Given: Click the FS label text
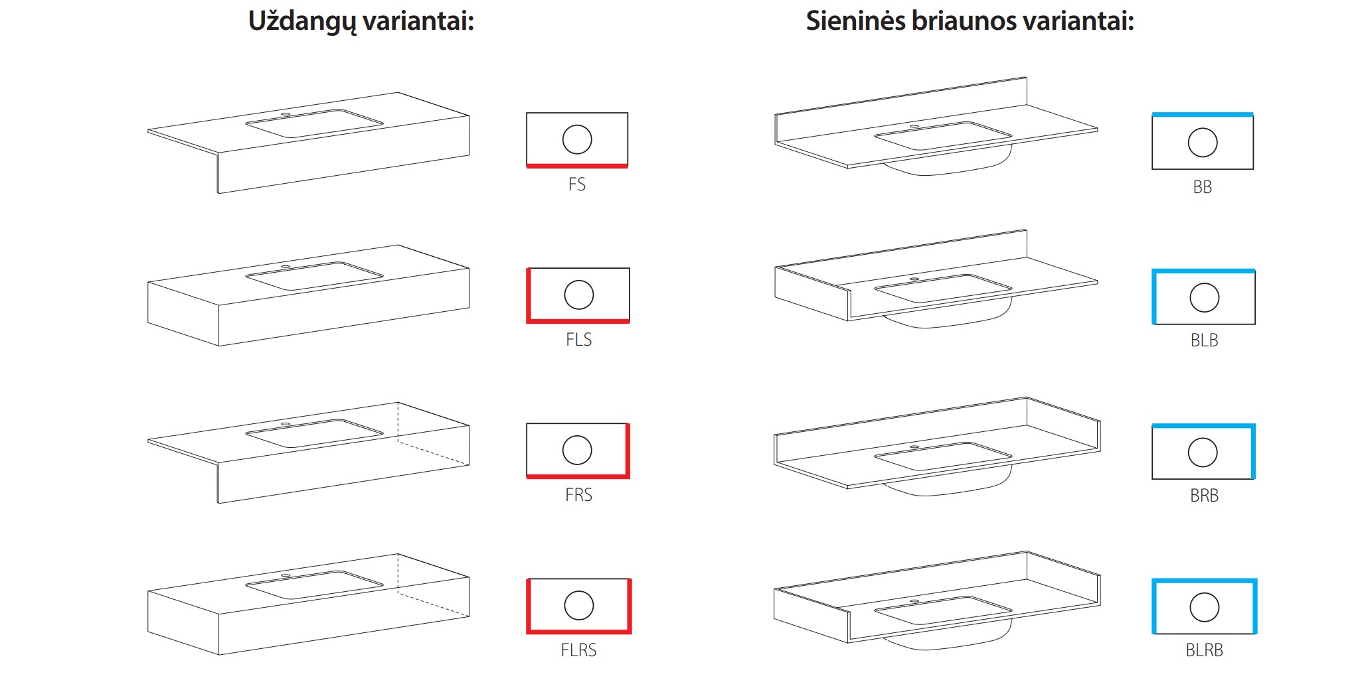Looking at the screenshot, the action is tap(577, 184).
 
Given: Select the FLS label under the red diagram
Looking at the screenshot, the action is tap(578, 340).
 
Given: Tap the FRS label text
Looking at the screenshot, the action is tap(578, 495).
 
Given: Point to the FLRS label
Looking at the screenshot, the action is tap(578, 650).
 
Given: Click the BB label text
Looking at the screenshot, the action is tap(1203, 187).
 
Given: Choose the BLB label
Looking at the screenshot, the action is tap(1204, 340).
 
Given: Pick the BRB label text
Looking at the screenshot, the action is tap(1204, 496).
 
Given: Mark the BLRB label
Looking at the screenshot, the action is tap(1204, 650).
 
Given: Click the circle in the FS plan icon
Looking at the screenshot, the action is tap(577, 139).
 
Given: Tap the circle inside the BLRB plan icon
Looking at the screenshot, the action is tap(1205, 607).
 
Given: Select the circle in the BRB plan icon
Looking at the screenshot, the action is tap(1203, 453).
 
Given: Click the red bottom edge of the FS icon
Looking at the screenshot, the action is tap(577, 166).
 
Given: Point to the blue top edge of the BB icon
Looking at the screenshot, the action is tap(1203, 115).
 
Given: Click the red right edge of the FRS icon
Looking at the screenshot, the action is tap(628, 451).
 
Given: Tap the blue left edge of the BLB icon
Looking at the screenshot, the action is tap(1154, 297).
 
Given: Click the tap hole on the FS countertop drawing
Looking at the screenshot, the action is tap(286, 114).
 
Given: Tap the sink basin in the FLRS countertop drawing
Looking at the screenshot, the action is tap(314, 585).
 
